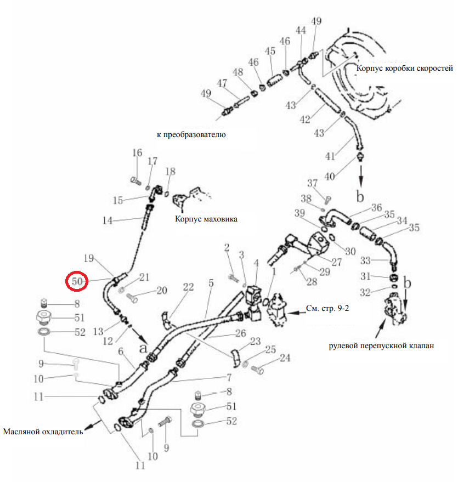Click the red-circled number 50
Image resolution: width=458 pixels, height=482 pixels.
[x=77, y=281]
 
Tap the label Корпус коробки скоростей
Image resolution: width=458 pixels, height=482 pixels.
[x=404, y=68]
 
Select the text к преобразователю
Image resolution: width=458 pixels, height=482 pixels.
[x=191, y=134]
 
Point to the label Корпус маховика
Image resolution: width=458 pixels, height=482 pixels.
[x=206, y=219]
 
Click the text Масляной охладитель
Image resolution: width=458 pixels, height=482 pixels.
[x=43, y=432]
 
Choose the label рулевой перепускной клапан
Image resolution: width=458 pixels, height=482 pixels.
[x=381, y=346]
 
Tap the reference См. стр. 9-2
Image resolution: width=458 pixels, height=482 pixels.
[x=327, y=308]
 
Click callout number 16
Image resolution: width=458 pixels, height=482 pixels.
[x=137, y=153]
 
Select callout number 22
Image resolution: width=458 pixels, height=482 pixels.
[x=189, y=287]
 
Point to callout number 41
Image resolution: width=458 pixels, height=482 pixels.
[x=330, y=156]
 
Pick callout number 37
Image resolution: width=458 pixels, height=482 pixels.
[x=312, y=183]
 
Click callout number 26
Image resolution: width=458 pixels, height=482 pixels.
[x=241, y=333]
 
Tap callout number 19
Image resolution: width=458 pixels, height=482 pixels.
[x=89, y=258]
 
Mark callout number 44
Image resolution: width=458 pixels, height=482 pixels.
[x=301, y=30]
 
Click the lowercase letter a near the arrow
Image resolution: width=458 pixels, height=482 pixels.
[x=143, y=348]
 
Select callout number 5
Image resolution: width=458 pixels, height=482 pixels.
[x=211, y=283]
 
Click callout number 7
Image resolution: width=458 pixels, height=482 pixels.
[x=229, y=377]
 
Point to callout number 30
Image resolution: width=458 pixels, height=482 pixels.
[x=350, y=252]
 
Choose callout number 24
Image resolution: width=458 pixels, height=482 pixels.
[x=285, y=358]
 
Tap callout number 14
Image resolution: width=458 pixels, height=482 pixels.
[x=108, y=220]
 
